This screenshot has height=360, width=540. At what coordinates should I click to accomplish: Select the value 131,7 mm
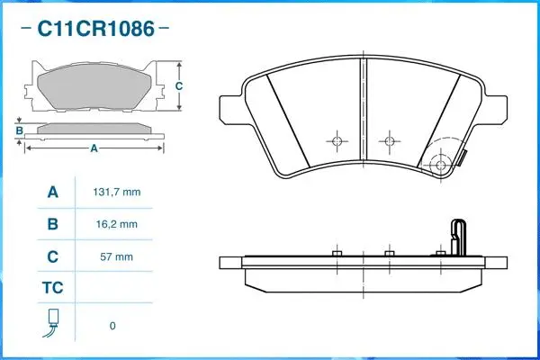pos(117,193)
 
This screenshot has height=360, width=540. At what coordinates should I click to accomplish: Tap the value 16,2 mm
pos(117,224)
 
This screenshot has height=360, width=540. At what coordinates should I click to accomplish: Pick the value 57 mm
pos(117,256)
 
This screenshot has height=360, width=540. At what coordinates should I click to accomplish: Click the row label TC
pos(52,289)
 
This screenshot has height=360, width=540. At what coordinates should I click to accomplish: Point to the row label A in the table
pos(52,193)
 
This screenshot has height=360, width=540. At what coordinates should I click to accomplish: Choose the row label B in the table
pos(52,224)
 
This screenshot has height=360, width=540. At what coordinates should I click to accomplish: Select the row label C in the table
pos(52,256)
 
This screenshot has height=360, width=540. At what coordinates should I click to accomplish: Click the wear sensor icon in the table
pos(52,324)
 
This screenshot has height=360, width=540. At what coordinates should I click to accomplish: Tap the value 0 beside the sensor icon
pos(112,326)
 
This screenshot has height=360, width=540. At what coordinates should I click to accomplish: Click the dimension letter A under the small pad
pos(93,149)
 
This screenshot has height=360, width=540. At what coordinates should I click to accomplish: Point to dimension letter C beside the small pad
pos(179,86)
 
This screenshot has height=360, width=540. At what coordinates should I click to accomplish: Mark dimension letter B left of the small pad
pos(19,131)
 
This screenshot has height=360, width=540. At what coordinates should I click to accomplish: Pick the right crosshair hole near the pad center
pos(389,141)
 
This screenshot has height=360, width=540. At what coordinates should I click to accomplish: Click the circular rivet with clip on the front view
pos(441,166)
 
